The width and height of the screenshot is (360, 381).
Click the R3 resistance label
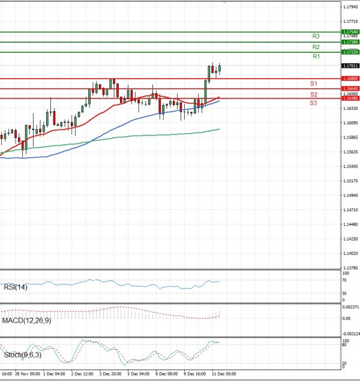point(316,36)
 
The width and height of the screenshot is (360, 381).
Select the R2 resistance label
point(316,47)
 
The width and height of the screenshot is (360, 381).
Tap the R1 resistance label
point(316,56)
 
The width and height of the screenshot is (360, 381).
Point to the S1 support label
point(314,83)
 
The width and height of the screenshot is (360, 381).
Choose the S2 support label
point(314,95)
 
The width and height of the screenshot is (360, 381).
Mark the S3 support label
point(314,103)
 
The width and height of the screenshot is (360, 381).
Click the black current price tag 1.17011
point(350,65)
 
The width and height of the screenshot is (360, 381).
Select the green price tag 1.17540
point(350,32)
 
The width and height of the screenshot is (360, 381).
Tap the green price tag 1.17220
point(350,52)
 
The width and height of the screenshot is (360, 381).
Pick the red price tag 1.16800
point(350,79)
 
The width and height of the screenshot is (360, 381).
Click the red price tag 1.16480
point(350,98)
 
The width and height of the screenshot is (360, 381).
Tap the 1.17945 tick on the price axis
point(350,7)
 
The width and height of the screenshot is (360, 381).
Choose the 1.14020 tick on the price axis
point(350,254)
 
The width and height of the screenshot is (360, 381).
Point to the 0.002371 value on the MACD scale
point(351,307)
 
